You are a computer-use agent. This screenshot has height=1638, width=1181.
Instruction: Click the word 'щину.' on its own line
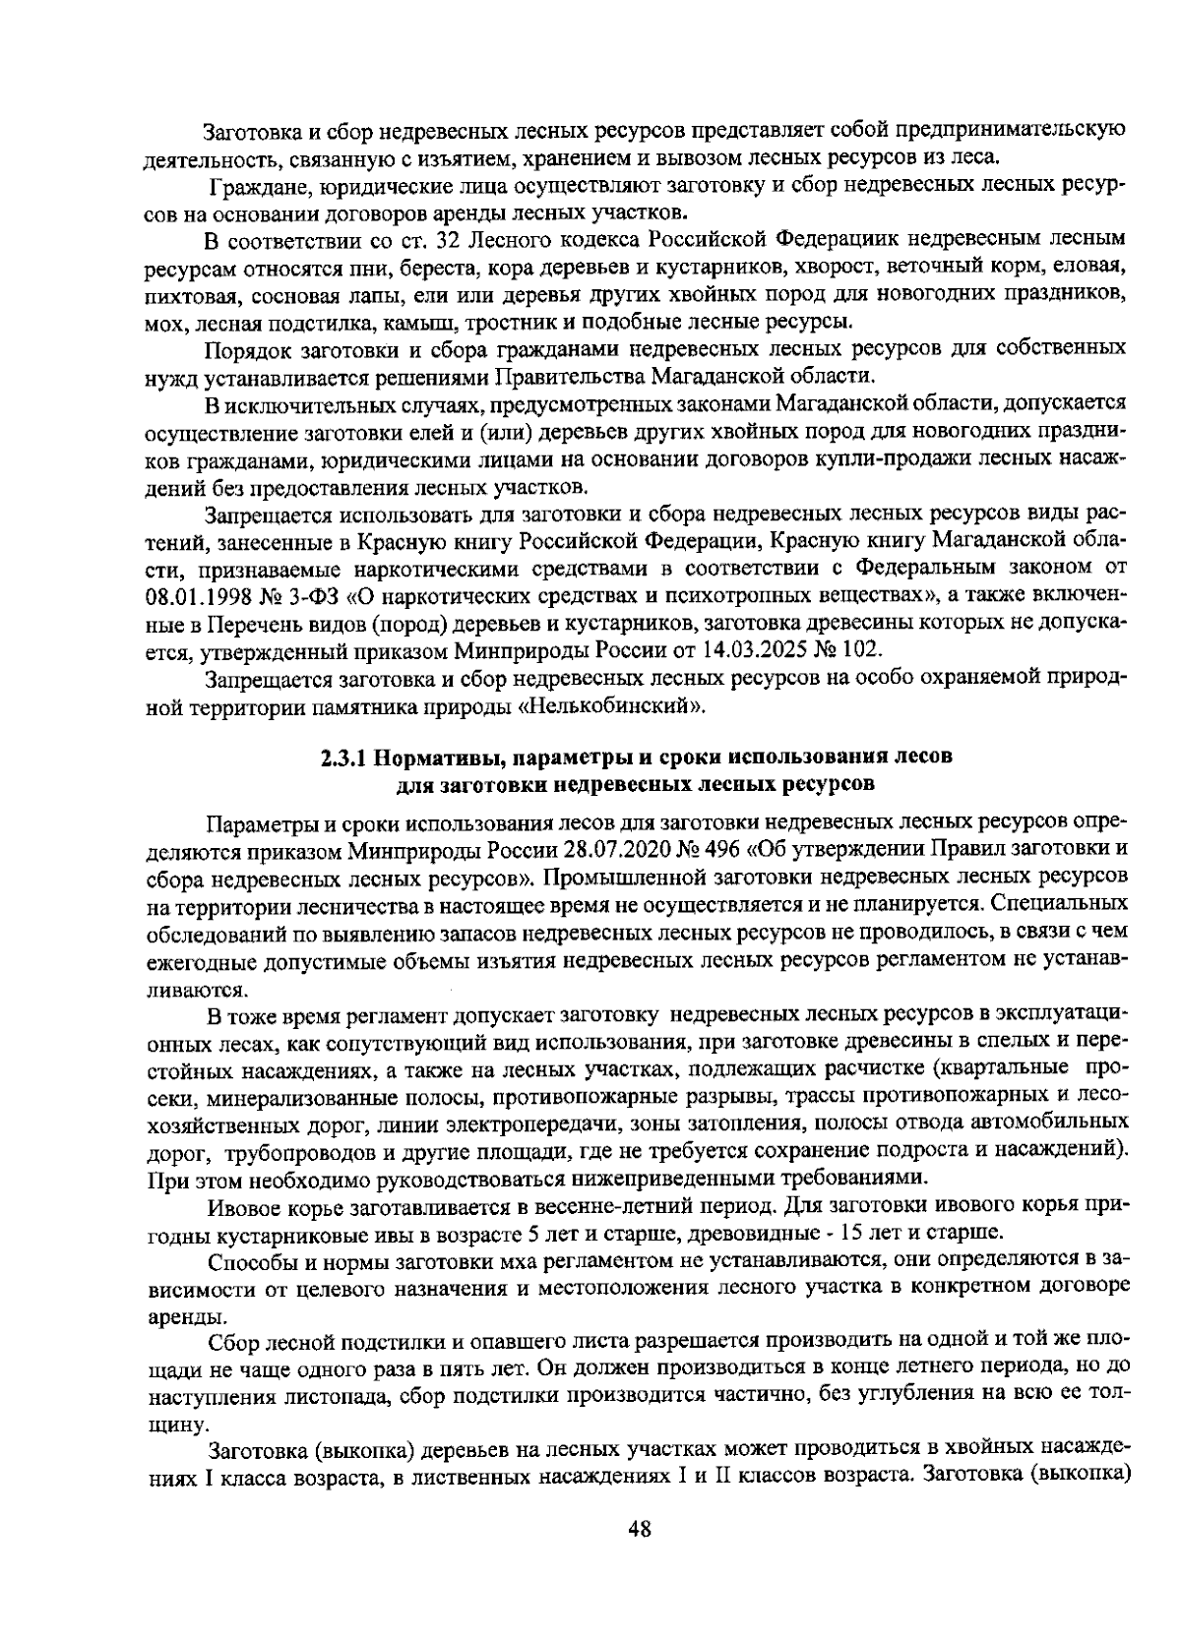tap(175, 1423)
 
